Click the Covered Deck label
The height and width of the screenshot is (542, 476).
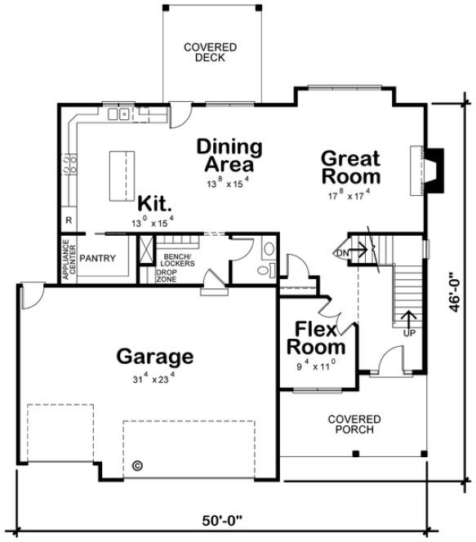(x=211, y=53)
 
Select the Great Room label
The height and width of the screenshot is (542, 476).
(x=350, y=167)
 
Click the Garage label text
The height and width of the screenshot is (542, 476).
(x=154, y=357)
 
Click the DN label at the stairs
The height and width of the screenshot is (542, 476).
(x=343, y=254)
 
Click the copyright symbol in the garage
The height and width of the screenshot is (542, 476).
(x=137, y=467)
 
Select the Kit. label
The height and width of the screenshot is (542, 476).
(x=153, y=202)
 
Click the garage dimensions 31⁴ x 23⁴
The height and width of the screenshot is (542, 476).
(x=155, y=380)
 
